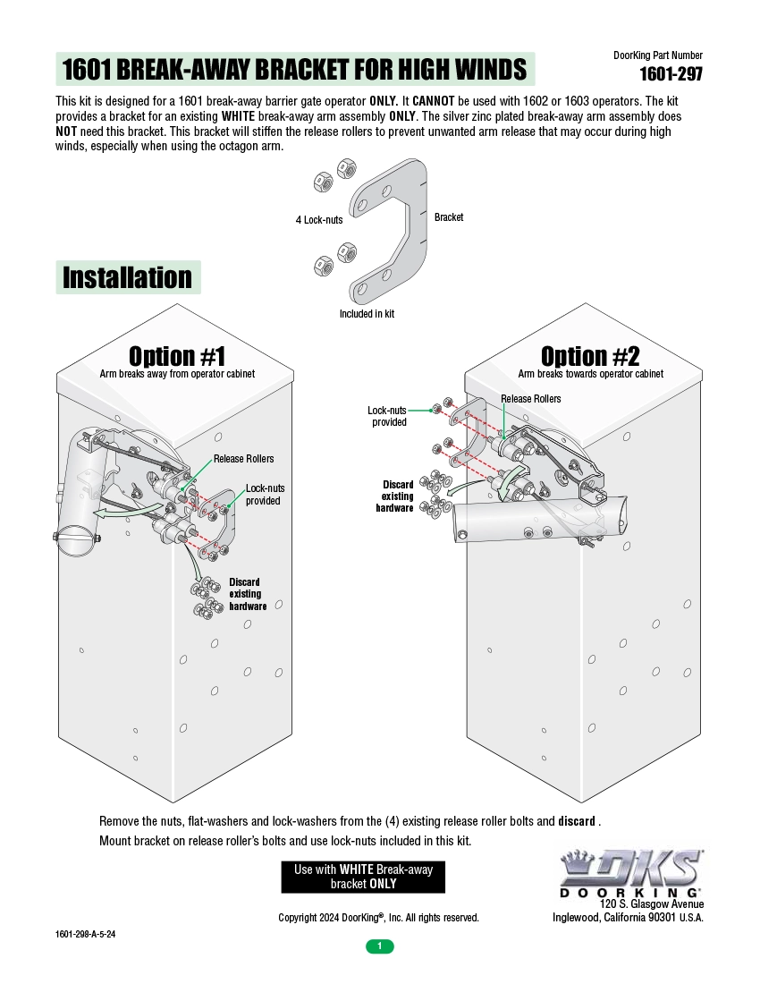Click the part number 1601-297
coord(671,74)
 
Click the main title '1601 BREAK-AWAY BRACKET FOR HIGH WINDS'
coord(295,69)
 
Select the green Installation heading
coord(128,277)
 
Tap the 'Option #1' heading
coord(177,356)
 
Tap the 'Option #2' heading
coord(590,356)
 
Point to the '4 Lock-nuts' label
coord(319,220)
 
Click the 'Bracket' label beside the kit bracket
coord(449,217)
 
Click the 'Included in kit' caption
coord(367,314)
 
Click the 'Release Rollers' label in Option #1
coord(243,459)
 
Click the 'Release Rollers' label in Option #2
coord(531,399)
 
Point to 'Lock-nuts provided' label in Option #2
coord(387,416)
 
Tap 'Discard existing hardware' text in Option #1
coord(247,594)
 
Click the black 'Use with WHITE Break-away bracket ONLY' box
coord(363,877)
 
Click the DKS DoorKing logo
coord(630,872)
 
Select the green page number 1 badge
coord(379,946)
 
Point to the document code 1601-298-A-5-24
coord(85,934)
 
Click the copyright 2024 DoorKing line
coord(378,918)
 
